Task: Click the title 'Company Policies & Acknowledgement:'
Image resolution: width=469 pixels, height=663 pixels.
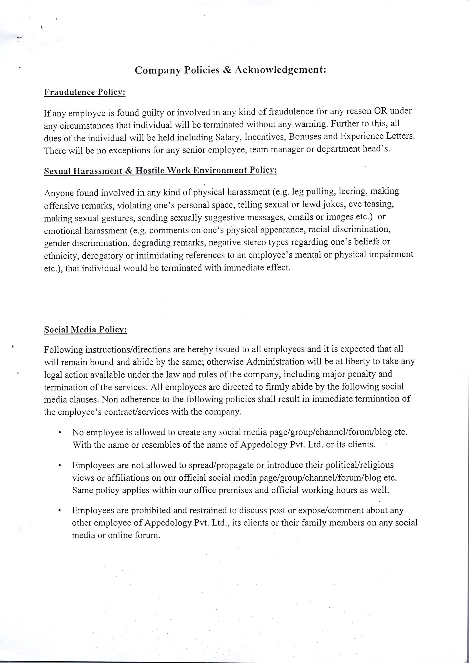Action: pyautogui.click(x=230, y=70)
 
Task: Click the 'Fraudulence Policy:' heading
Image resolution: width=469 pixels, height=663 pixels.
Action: pyautogui.click(x=85, y=92)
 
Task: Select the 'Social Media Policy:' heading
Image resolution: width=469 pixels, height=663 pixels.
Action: pyautogui.click(x=86, y=330)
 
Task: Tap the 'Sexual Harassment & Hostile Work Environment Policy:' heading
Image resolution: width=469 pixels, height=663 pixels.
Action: pyautogui.click(x=161, y=171)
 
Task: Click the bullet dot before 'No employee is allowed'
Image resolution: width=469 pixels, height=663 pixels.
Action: pyautogui.click(x=59, y=433)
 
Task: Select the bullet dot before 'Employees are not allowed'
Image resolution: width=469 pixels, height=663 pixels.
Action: pyautogui.click(x=59, y=466)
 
